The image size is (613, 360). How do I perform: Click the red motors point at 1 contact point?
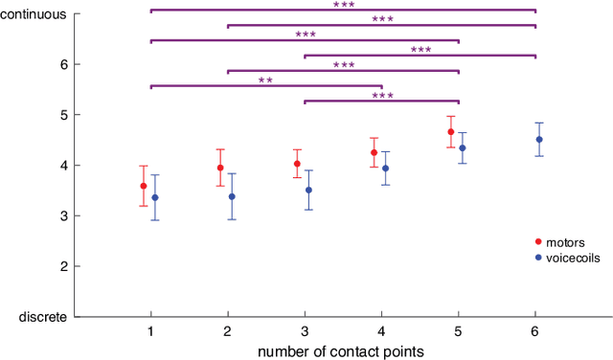tap(144, 186)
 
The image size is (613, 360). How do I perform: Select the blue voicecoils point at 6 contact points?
tap(539, 140)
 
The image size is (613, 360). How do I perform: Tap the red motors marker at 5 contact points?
tap(450, 132)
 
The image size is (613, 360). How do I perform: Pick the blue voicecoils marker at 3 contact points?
tap(308, 190)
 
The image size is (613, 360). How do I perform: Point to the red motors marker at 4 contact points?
tap(374, 152)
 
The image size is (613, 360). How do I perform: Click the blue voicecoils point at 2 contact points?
tap(232, 196)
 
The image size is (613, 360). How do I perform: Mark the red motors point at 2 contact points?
tap(220, 168)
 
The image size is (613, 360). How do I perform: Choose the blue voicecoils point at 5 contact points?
tap(463, 147)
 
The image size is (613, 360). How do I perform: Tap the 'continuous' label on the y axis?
tap(34, 14)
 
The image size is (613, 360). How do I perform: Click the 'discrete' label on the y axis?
tap(43, 316)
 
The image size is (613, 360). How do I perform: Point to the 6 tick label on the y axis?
tap(62, 64)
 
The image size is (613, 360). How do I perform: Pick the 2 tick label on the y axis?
tap(62, 266)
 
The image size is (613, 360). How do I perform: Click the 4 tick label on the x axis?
tap(381, 330)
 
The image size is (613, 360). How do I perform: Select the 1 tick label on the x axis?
tap(151, 330)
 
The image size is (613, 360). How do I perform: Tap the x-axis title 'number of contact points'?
tap(341, 351)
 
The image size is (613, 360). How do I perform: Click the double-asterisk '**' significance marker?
tap(265, 80)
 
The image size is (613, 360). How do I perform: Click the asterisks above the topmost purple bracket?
tap(343, 5)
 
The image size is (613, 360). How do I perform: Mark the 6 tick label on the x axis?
tap(535, 330)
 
